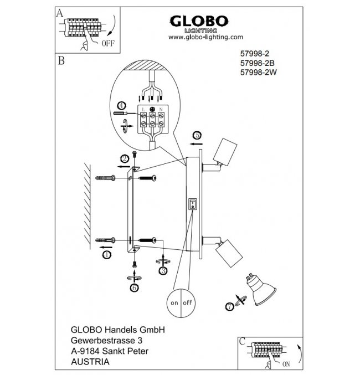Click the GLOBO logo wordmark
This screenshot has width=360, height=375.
[198, 20]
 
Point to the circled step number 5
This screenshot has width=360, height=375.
[197, 135]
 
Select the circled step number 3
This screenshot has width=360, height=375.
[163, 270]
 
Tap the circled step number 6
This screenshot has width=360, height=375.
[134, 287]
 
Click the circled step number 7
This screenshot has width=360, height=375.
[229, 306]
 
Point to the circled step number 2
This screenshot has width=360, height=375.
[125, 158]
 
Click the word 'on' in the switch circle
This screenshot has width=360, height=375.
[174, 303]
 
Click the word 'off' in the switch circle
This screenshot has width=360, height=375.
[188, 303]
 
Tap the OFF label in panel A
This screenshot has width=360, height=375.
[109, 44]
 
